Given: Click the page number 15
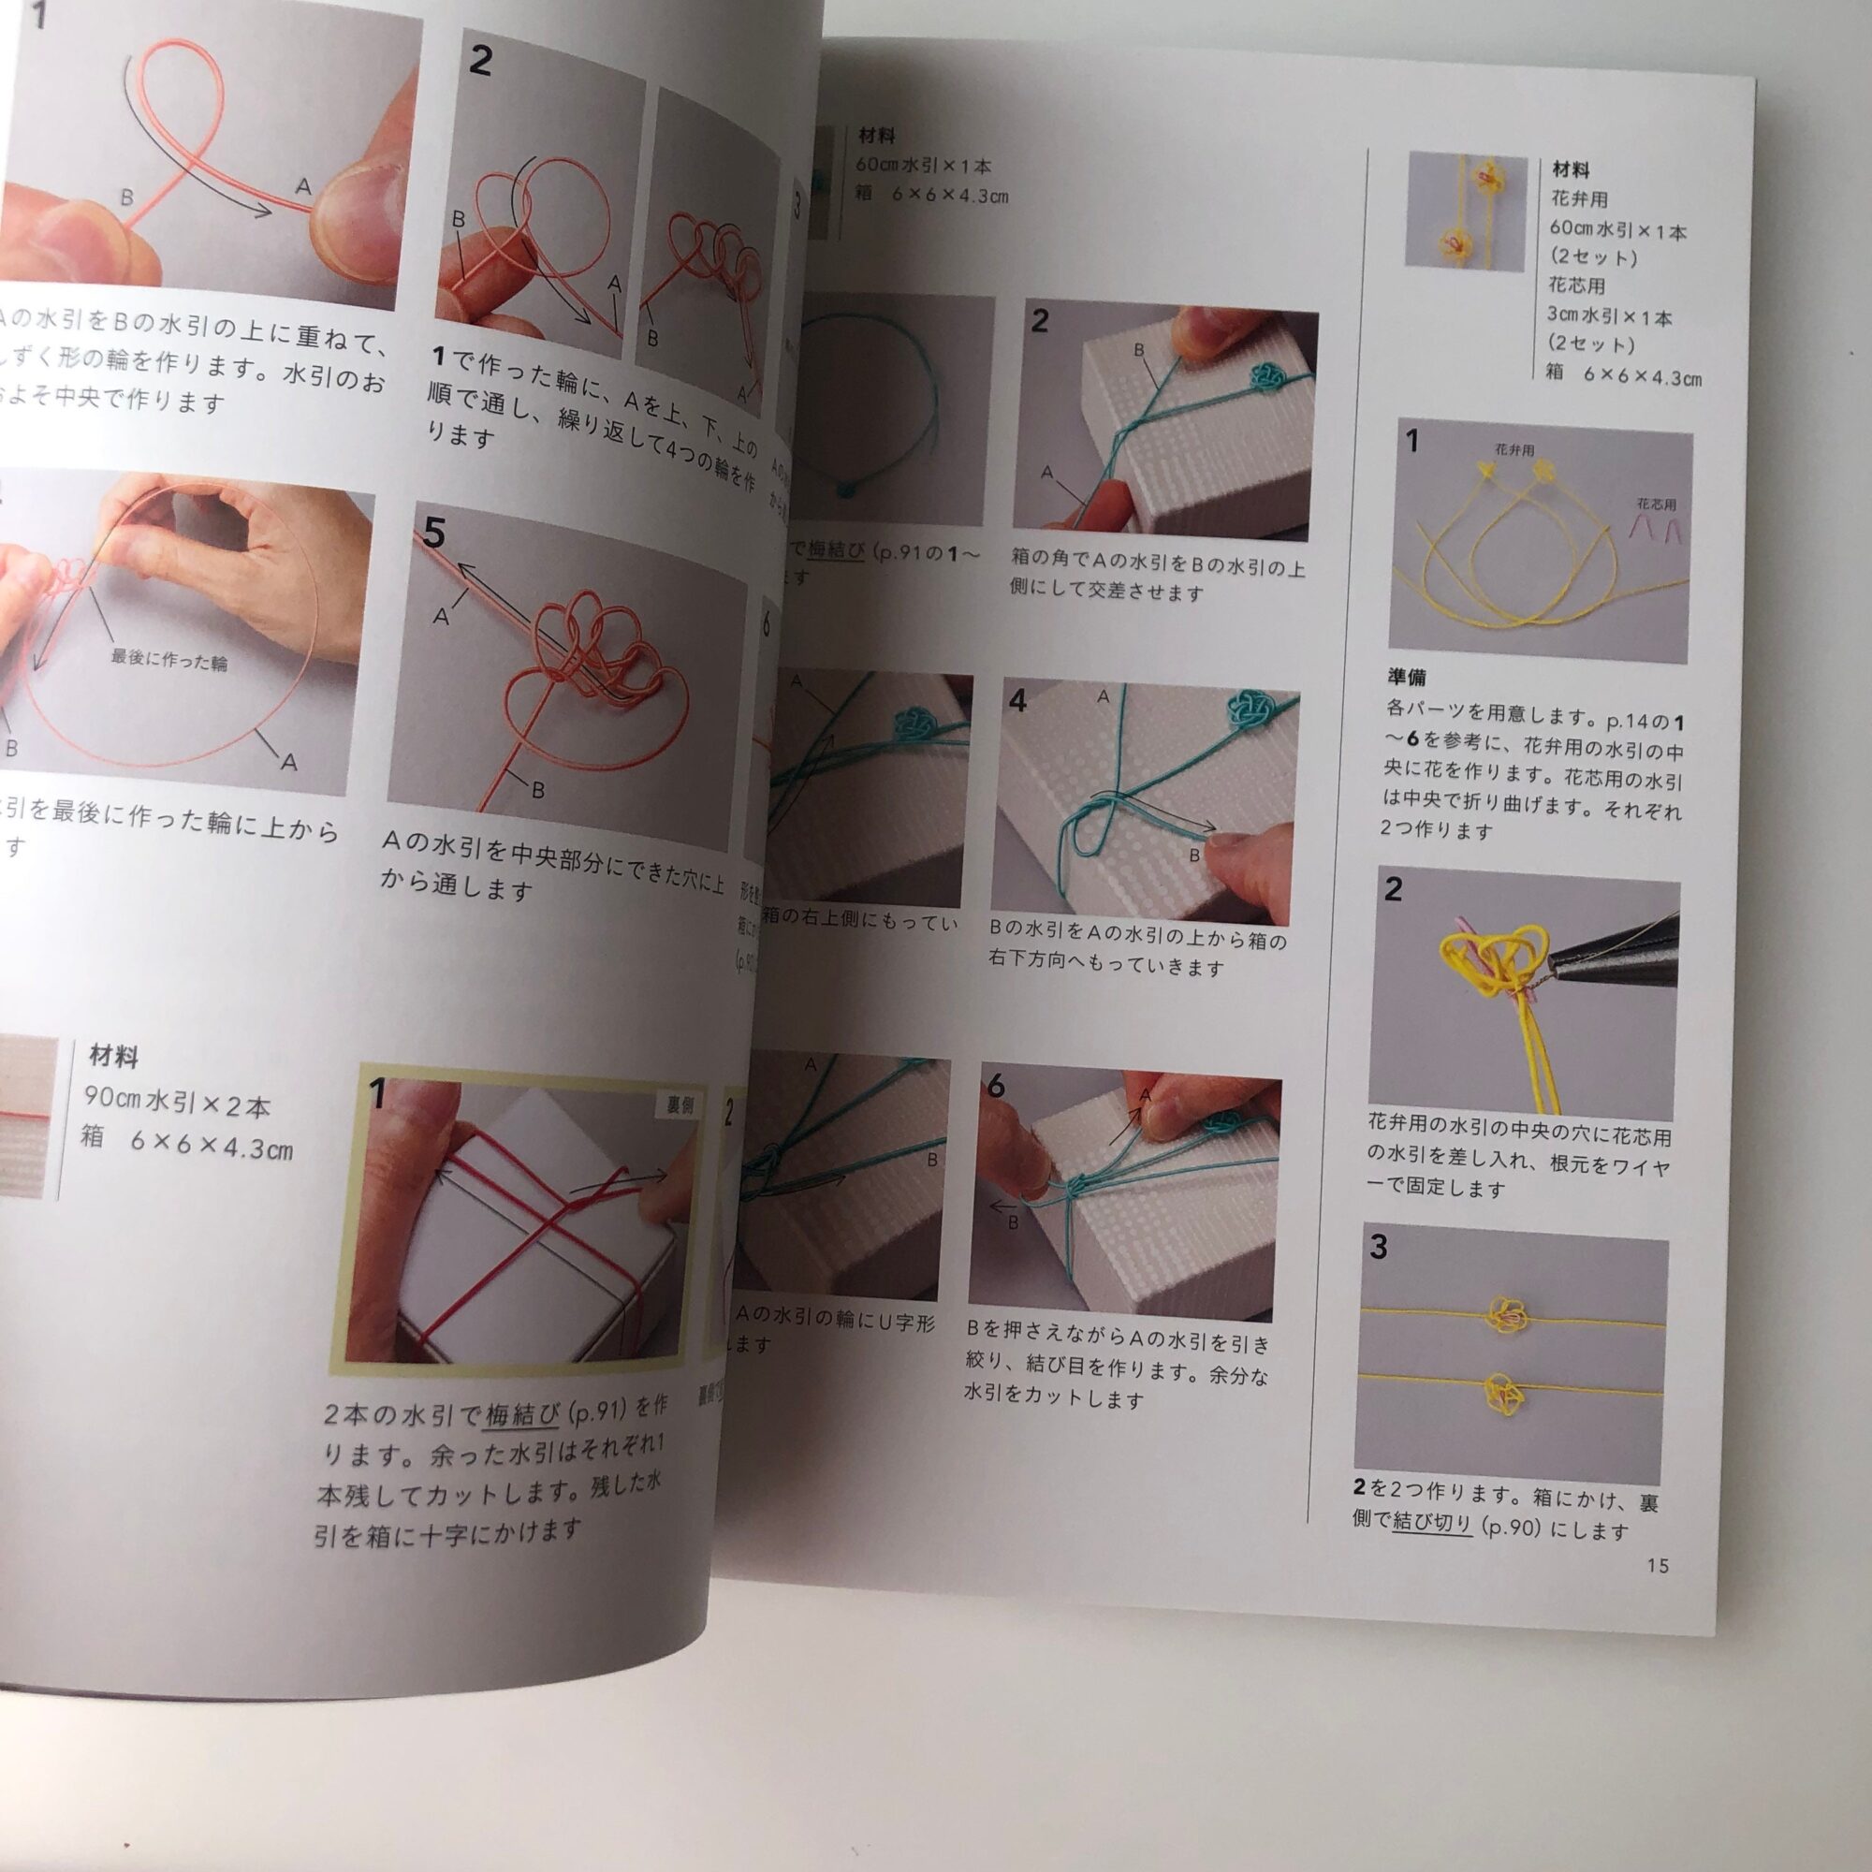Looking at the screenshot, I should pyautogui.click(x=1657, y=1565).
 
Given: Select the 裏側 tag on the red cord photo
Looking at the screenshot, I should pyautogui.click(x=679, y=1104).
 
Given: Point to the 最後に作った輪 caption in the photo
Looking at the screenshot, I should pyautogui.click(x=168, y=661).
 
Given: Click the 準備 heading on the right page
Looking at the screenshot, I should pyautogui.click(x=1406, y=678).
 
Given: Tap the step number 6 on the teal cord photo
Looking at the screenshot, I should pyautogui.click(x=996, y=1087).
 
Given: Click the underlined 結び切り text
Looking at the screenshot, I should pyautogui.click(x=1432, y=1522).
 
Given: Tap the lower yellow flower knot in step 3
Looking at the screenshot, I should pyautogui.click(x=1501, y=1393).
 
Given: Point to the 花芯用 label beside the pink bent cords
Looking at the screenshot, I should pyautogui.click(x=1656, y=504).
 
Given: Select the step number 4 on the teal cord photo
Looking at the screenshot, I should pyautogui.click(x=1016, y=701).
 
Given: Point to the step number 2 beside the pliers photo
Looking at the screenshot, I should pyautogui.click(x=1393, y=888).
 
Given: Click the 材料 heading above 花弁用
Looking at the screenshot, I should pyautogui.click(x=1571, y=169).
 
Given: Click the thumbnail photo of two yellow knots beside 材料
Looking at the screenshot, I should pyautogui.click(x=1467, y=211).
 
